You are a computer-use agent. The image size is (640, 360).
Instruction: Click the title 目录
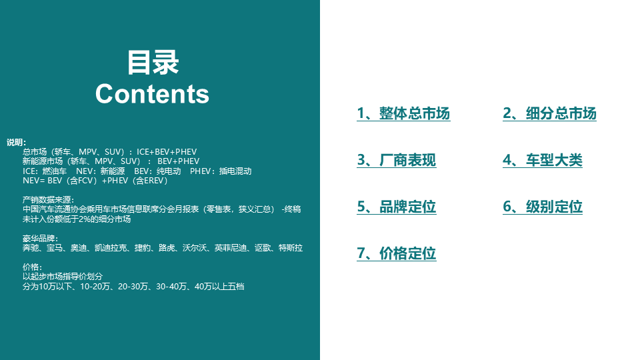[153, 63]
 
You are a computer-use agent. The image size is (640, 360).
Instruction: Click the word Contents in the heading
[152, 94]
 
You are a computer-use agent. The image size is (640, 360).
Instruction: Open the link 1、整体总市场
[403, 114]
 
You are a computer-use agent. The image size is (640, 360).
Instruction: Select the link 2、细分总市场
[549, 114]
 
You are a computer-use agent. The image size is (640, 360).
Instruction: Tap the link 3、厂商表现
[396, 161]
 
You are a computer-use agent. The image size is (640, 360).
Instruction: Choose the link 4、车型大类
[543, 161]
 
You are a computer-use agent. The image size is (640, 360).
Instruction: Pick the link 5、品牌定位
[396, 207]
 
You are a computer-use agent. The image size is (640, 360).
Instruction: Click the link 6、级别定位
[543, 207]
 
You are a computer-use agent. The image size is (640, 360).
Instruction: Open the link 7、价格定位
[396, 254]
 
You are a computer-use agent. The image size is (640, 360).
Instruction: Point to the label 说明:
[17, 143]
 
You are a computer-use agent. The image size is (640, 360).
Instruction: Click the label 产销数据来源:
[49, 200]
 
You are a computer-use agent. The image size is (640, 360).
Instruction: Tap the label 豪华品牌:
[40, 239]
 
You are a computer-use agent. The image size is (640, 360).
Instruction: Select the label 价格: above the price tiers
[32, 267]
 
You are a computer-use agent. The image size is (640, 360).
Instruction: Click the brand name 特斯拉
[291, 248]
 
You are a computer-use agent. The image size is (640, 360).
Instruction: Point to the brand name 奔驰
[31, 248]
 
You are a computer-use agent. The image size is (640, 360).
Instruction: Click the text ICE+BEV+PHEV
[167, 152]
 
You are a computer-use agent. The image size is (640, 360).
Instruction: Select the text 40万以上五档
[220, 287]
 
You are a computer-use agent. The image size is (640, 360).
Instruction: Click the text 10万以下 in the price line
[59, 287]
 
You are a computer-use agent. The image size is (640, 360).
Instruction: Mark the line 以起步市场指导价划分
[63, 277]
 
